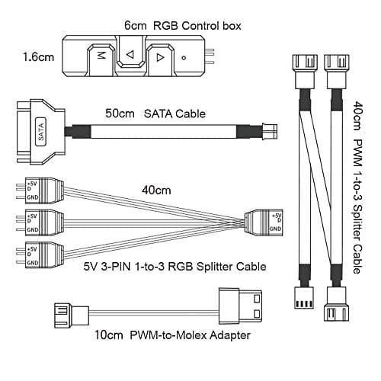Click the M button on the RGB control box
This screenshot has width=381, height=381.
[101, 56]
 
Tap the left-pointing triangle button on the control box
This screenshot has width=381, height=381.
[130, 55]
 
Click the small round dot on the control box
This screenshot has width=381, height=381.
[184, 56]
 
